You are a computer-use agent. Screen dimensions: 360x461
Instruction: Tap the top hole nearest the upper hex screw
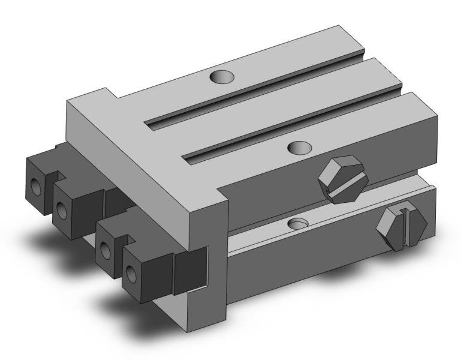(299, 146)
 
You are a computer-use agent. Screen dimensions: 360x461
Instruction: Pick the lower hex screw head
(402, 227)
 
